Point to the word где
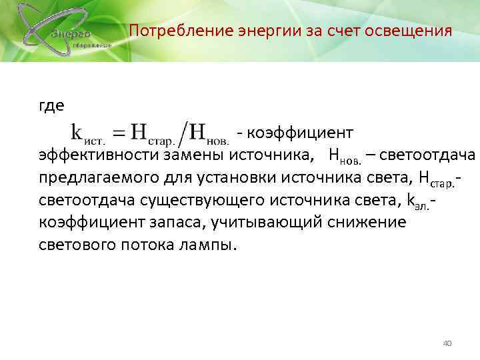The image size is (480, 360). pos(52,107)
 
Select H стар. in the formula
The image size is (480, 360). pos(151,132)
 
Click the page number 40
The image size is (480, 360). pos(447,343)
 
